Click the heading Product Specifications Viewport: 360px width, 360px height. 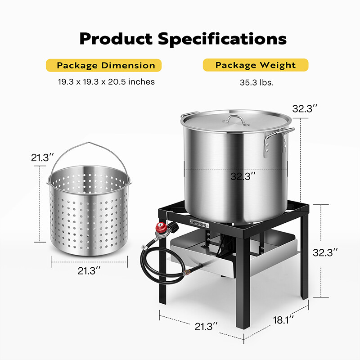click(x=183, y=39)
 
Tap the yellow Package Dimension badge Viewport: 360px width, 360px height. click(x=103, y=65)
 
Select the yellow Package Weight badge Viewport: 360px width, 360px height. click(x=256, y=65)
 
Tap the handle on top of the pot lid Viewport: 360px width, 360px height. click(x=237, y=119)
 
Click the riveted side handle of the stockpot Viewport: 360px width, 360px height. click(x=279, y=139)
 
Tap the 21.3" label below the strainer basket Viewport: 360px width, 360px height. click(x=89, y=270)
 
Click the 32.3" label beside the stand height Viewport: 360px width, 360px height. click(x=325, y=252)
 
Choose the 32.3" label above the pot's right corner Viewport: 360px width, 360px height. click(x=305, y=108)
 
